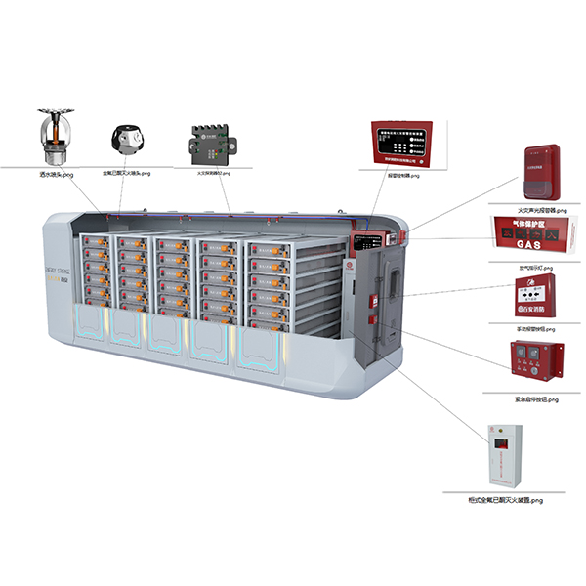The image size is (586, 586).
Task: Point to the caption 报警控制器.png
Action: [401, 176]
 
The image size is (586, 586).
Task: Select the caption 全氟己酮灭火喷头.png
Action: [129, 174]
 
